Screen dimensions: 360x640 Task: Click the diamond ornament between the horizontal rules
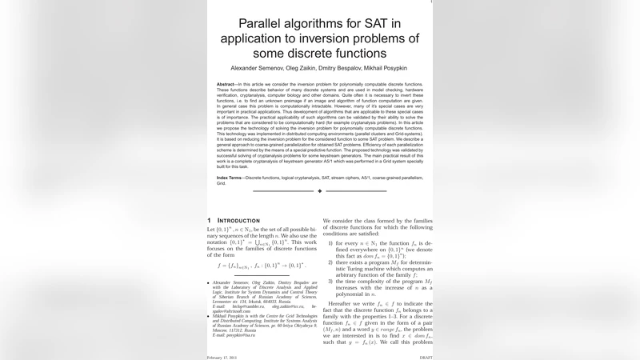click(x=320, y=191)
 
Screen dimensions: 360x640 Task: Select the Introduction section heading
click(x=238, y=220)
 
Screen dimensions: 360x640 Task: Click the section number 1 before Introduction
click(x=210, y=220)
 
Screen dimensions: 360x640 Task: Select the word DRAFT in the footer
click(x=426, y=357)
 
